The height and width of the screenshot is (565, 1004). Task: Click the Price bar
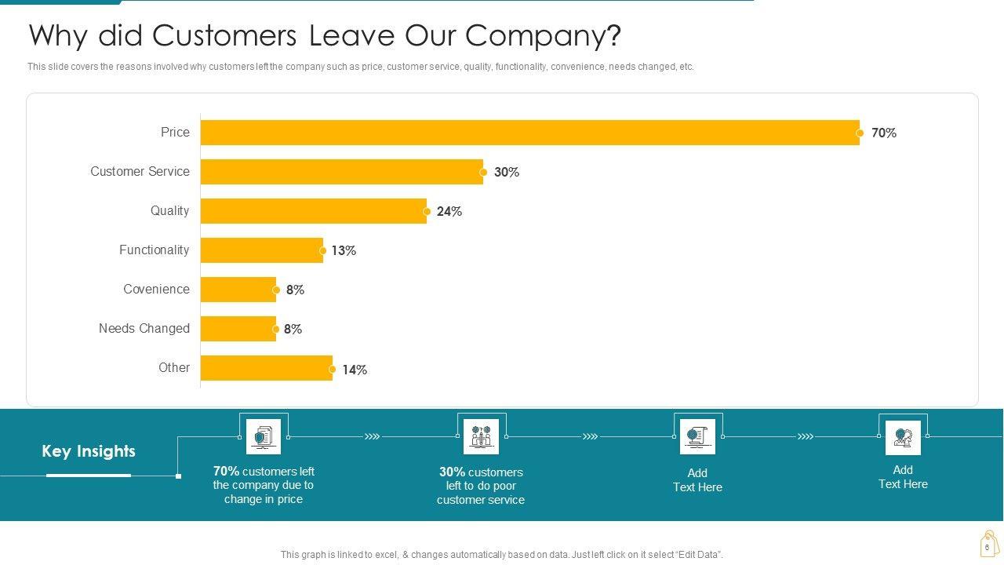point(529,133)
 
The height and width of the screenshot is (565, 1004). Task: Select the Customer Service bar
point(341,172)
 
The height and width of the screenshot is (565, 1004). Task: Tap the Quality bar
point(313,211)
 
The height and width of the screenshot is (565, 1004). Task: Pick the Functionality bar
point(261,250)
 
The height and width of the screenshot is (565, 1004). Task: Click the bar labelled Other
point(266,368)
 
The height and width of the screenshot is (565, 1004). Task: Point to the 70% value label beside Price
point(884,133)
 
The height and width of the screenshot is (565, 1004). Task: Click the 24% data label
point(449,212)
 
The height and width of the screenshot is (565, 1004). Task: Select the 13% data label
point(344,251)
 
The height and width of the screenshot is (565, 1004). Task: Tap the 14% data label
point(355,370)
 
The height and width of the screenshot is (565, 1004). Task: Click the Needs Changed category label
point(144,329)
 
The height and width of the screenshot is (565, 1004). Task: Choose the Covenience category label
point(156,290)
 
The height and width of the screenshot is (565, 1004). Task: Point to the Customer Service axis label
point(140,172)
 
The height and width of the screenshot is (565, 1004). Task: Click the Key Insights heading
point(89,451)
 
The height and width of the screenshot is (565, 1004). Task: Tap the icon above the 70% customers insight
point(264,436)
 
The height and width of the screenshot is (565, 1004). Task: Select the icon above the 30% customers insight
point(481,436)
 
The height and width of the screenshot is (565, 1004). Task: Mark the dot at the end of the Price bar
point(860,133)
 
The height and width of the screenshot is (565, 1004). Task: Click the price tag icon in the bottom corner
point(988,544)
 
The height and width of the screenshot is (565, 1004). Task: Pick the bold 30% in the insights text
point(452,472)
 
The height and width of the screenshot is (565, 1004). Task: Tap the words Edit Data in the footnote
point(699,555)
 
